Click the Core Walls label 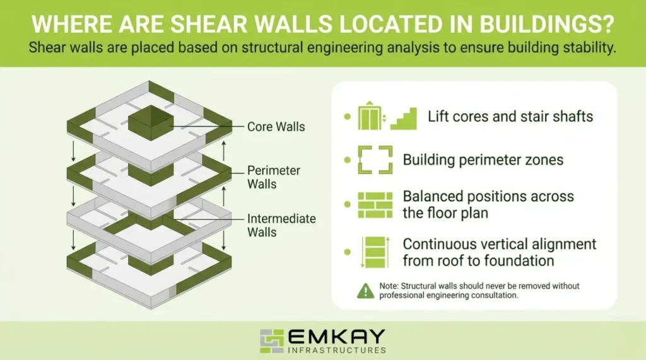(x=276, y=127)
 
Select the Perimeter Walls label (x=273, y=178)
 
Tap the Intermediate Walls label (x=281, y=225)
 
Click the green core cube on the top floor (x=151, y=118)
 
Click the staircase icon (x=404, y=118)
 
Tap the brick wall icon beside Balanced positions (x=375, y=204)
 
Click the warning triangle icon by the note (x=365, y=291)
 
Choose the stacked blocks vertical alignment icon (x=375, y=252)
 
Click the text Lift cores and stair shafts (x=510, y=117)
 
